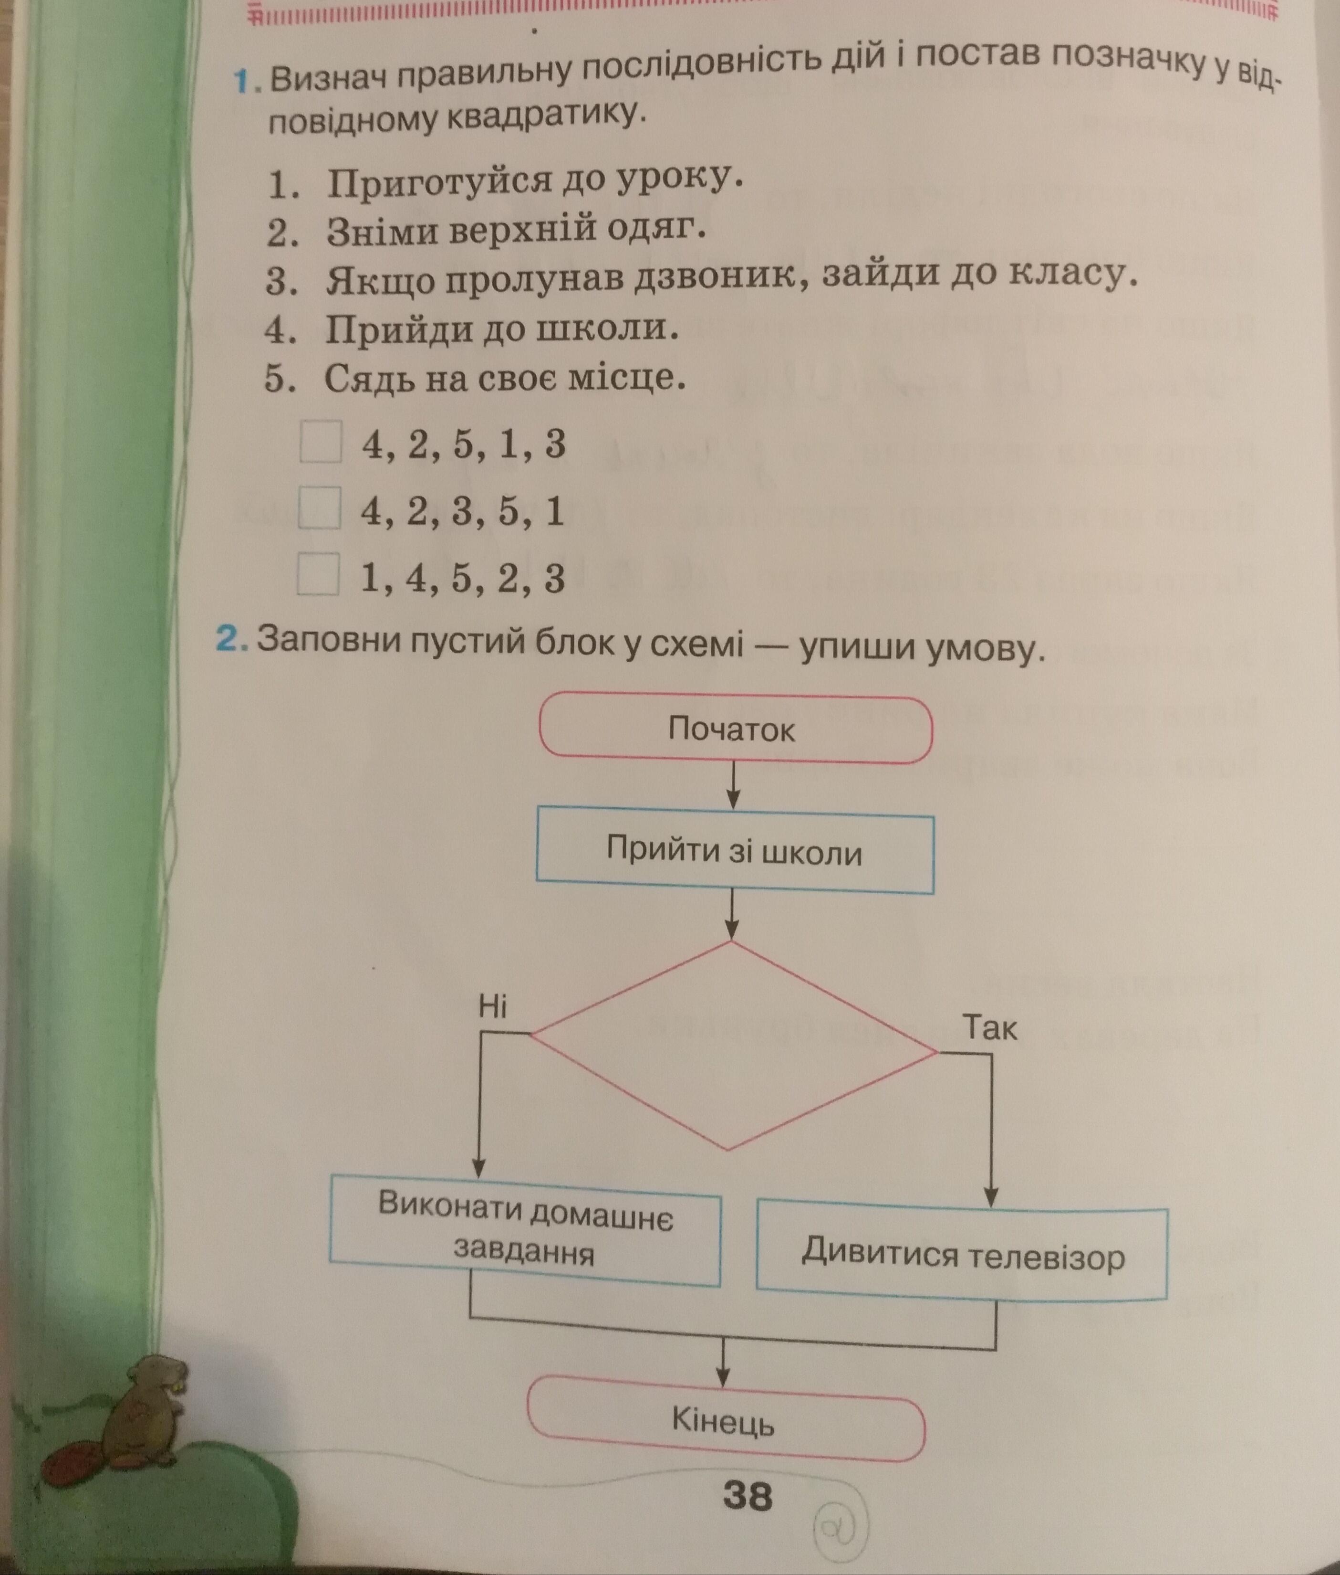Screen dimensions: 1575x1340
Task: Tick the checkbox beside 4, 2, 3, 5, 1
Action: [319, 508]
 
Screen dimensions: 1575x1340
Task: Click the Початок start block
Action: [735, 729]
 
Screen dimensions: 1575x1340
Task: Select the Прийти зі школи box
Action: [735, 851]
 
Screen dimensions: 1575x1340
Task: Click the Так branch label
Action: [989, 1028]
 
